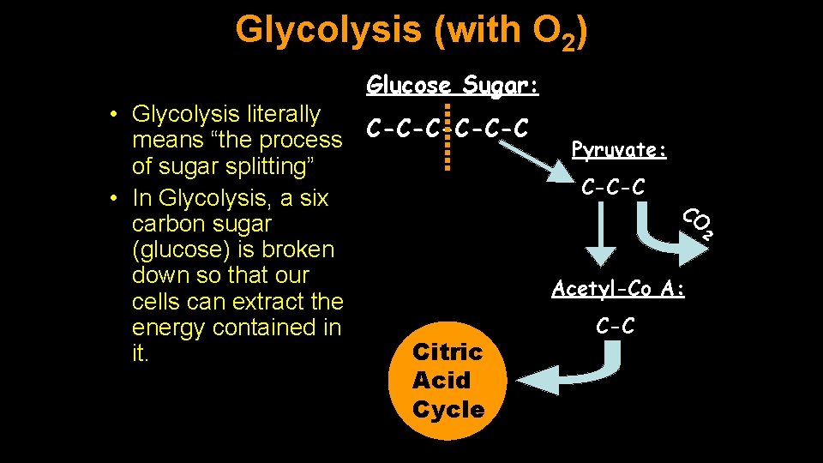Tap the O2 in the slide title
tap(557, 33)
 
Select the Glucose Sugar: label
tap(453, 85)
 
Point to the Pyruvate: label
tap(619, 150)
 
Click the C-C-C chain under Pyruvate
tap(613, 186)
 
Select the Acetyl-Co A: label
tap(618, 289)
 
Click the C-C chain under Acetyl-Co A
tap(615, 326)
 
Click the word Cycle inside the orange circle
tap(448, 410)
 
